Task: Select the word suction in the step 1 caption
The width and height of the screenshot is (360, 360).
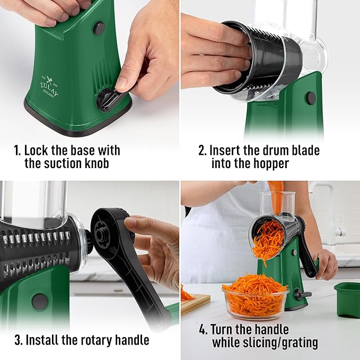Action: (x=65, y=163)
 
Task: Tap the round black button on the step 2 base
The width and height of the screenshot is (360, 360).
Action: (x=311, y=98)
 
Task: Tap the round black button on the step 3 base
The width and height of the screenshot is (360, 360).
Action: (x=39, y=301)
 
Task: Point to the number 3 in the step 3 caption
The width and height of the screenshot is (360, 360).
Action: (x=17, y=340)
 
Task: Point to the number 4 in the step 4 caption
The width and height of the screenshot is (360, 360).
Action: (x=203, y=329)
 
